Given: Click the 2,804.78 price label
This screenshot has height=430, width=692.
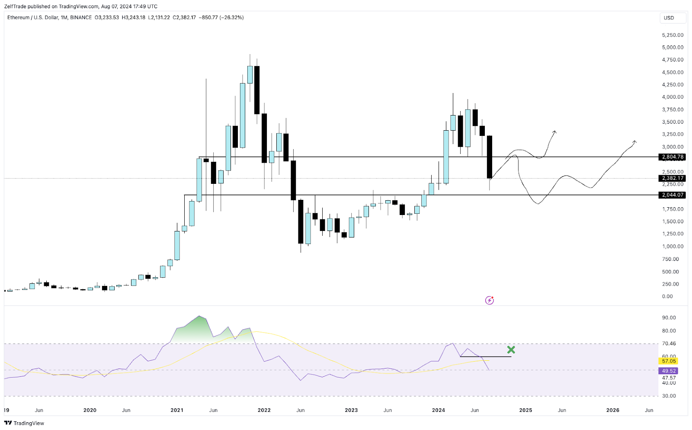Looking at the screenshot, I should coord(673,157).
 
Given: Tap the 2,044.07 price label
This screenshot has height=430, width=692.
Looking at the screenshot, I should coord(673,195).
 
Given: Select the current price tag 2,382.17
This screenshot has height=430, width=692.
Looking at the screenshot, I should coord(673,178).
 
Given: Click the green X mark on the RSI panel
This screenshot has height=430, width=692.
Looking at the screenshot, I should coord(511,350).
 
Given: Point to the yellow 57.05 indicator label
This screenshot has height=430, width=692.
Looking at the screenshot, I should coord(669,361).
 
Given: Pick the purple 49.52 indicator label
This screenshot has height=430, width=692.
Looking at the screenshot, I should coord(669,371).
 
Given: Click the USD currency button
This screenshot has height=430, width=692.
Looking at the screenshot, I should coord(669,18).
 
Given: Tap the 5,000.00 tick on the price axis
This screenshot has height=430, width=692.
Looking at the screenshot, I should coord(673,48).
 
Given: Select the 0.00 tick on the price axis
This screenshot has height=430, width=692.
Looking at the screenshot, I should coord(668,296).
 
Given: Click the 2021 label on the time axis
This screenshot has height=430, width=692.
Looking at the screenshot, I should coord(177,410).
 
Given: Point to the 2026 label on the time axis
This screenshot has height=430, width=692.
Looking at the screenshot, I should coord(612,410).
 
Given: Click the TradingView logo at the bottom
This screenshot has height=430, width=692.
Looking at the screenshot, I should coord(25,423).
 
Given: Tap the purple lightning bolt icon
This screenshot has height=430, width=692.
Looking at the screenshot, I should coord(490,300).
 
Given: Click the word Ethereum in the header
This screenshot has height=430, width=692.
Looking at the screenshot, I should coord(19,18).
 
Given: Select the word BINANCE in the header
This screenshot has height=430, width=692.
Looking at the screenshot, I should coord(81,18).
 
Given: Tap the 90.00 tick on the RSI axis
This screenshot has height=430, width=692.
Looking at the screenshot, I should coord(669,318).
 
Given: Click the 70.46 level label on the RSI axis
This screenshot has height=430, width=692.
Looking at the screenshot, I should coord(669,343).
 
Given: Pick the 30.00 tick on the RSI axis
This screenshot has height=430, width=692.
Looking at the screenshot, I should coord(669,396).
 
